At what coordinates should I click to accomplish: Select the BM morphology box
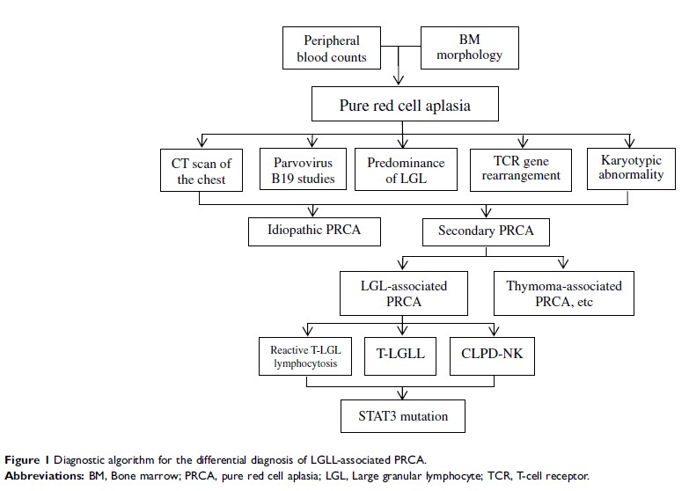469,48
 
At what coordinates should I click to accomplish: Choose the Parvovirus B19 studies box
301,171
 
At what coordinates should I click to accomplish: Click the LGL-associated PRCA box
404,293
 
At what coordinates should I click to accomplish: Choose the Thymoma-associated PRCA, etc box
564,293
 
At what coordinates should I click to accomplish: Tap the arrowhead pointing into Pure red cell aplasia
401,84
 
